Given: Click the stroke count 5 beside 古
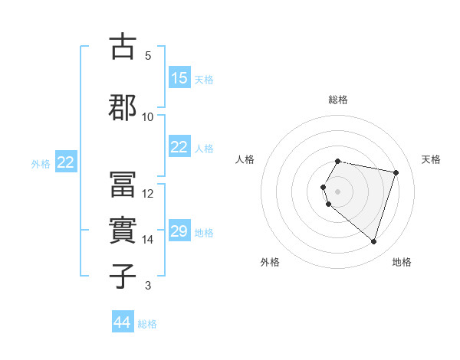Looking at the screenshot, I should pyautogui.click(x=148, y=56).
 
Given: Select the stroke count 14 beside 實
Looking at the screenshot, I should pyautogui.click(x=148, y=240).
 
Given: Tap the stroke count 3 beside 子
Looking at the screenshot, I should pyautogui.click(x=148, y=286).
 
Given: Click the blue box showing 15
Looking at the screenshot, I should pyautogui.click(x=179, y=78).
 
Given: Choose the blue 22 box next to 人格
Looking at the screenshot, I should pyautogui.click(x=179, y=147).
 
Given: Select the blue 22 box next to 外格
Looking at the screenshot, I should pyautogui.click(x=66, y=162).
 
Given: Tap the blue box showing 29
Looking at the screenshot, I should pyautogui.click(x=179, y=231).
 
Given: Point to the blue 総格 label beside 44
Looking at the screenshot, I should pyautogui.click(x=148, y=324).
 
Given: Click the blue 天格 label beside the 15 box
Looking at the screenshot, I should pyautogui.click(x=204, y=80).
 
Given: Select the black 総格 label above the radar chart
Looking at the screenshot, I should pyautogui.click(x=338, y=100).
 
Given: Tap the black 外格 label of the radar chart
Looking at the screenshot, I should pyautogui.click(x=270, y=262).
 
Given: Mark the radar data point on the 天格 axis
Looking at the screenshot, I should pyautogui.click(x=396, y=172).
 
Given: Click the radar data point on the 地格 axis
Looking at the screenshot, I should pyautogui.click(x=373, y=242).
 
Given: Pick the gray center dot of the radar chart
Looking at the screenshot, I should pyautogui.click(x=338, y=191).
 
